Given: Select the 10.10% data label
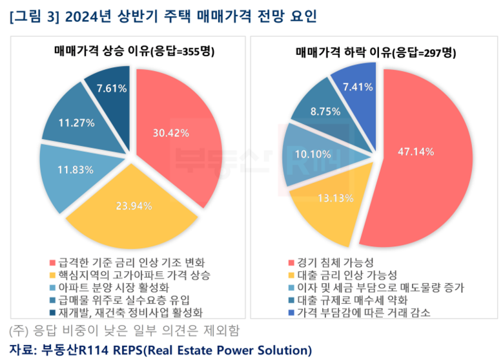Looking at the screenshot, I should point(313,154).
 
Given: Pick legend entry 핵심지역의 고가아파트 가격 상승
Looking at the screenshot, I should point(132,275).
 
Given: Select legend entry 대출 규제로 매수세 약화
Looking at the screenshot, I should point(352,300).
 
